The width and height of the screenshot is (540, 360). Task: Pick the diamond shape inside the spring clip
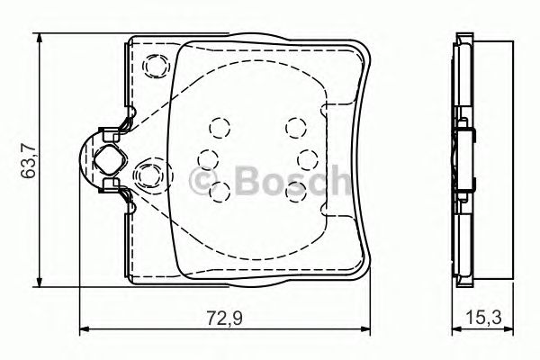(x=107, y=161)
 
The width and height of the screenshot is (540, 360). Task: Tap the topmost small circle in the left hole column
(x=216, y=128)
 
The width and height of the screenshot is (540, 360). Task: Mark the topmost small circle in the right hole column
(x=294, y=128)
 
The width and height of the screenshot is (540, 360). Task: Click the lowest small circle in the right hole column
(x=294, y=189)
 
